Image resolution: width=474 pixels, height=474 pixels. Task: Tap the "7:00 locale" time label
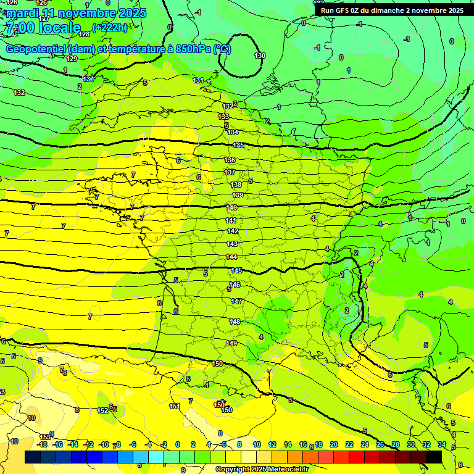(x=43, y=28)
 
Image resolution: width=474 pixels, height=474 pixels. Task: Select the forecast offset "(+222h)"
(x=110, y=27)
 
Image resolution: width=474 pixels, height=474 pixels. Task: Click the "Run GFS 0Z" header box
(x=392, y=10)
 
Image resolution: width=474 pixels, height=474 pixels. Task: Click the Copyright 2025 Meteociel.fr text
(x=262, y=470)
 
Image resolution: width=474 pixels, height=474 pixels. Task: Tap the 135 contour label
(x=239, y=145)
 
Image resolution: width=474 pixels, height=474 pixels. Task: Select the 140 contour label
(x=231, y=207)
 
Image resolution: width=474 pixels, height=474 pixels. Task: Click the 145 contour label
(x=236, y=271)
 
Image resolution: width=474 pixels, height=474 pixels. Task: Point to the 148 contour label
(x=235, y=322)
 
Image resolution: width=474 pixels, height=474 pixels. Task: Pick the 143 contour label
(x=232, y=244)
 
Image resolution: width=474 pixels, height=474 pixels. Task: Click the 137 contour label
(x=230, y=172)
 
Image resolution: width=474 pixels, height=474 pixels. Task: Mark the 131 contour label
(x=198, y=80)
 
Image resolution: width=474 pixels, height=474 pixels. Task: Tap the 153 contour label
(x=45, y=437)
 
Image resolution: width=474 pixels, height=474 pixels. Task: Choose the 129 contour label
(x=72, y=59)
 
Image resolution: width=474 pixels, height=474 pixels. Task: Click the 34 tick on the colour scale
(x=441, y=444)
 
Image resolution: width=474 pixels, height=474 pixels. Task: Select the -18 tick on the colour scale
(x=42, y=444)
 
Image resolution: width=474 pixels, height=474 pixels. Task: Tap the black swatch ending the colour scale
(x=434, y=457)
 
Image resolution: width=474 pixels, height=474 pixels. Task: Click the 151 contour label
(x=175, y=406)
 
